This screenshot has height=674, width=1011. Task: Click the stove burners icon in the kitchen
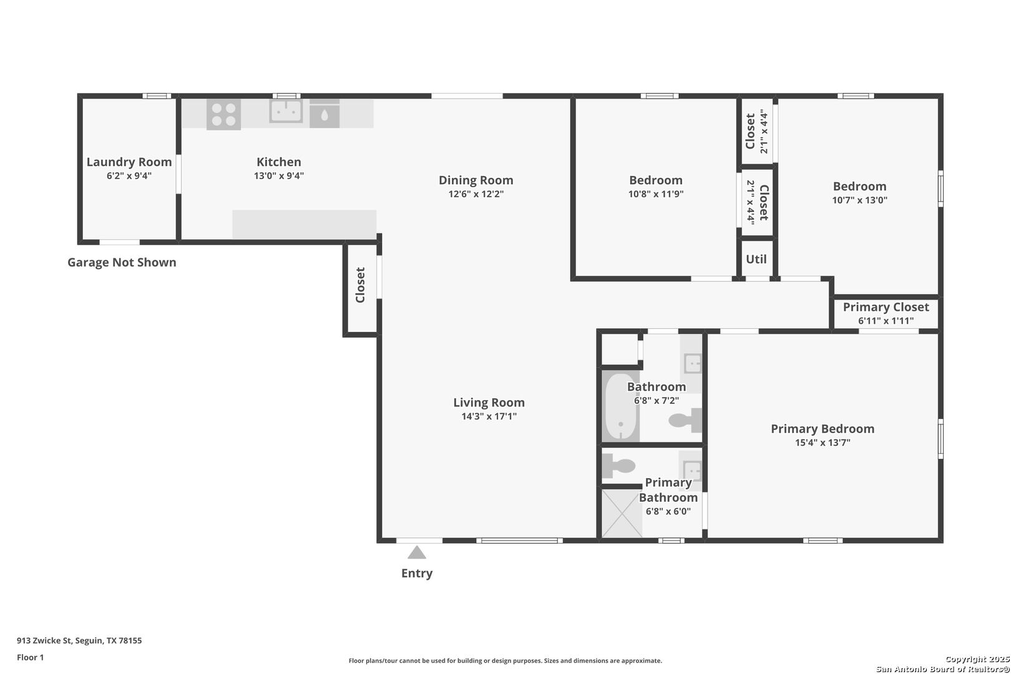point(223,115)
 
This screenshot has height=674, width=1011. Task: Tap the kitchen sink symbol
point(286,111)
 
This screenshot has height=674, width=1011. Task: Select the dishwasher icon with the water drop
point(325,114)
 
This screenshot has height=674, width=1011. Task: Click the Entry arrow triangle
point(417,552)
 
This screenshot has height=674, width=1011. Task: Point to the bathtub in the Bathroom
point(620,406)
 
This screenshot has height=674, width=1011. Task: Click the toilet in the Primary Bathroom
point(619,466)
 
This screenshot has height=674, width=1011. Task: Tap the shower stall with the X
point(622,514)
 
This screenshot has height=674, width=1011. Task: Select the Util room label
point(756,259)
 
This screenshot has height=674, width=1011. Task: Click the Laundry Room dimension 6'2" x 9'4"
point(129,175)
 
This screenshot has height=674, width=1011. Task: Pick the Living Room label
point(489,403)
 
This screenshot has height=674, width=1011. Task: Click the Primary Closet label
point(886,308)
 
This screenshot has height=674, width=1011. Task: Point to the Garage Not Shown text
point(122,262)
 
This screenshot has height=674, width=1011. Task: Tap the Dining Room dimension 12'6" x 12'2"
point(476,194)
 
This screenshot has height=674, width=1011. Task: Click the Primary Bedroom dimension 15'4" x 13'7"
point(823,442)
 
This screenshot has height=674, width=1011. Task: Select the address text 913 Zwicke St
point(44,640)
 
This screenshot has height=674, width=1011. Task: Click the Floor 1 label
point(30,657)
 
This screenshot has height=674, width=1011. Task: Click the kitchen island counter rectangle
point(304,225)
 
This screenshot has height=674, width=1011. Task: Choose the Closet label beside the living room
point(360,285)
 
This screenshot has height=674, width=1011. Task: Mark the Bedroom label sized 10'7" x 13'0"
point(859,187)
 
